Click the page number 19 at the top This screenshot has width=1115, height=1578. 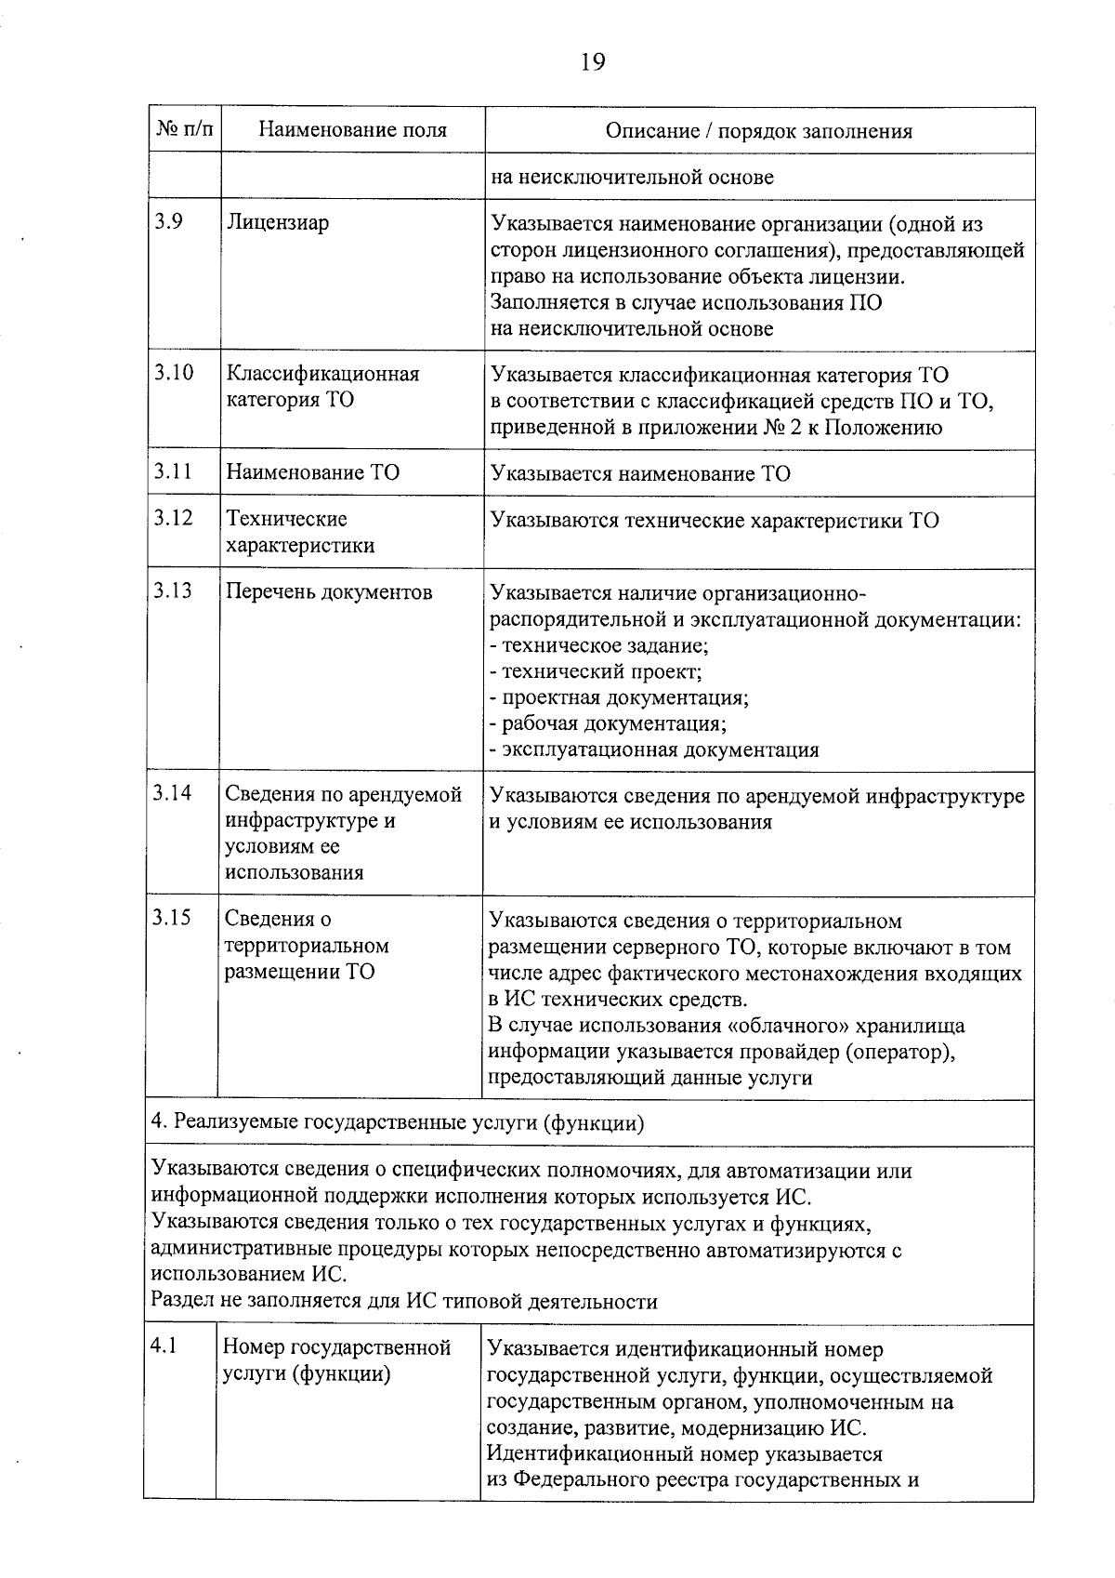592,62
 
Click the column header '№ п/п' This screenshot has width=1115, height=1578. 183,130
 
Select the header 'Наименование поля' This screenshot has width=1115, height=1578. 352,131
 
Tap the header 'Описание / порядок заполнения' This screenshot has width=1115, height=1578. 758,131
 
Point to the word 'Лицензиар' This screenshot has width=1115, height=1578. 278,223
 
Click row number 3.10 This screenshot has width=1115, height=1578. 174,373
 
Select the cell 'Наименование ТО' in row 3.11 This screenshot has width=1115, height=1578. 313,472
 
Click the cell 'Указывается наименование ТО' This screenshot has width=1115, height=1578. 640,474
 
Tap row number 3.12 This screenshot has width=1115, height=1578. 174,518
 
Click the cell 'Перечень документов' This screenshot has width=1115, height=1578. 330,592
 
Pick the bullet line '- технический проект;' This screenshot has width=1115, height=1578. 596,671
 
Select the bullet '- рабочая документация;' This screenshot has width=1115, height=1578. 608,723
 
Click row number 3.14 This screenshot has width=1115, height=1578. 174,793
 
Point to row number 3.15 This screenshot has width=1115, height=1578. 173,919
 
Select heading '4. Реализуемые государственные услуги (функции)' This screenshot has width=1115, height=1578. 398,1123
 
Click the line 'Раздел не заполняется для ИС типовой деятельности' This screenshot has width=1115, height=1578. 404,1301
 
